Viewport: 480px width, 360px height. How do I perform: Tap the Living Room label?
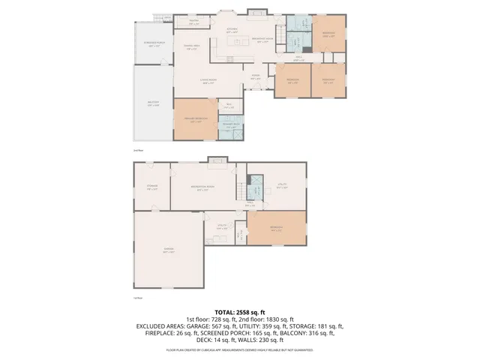[208, 81]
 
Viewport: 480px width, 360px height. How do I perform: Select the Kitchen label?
[232, 31]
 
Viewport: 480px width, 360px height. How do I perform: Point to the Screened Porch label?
[154, 43]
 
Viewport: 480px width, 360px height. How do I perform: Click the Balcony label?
[153, 104]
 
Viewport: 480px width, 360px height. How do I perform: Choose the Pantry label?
[193, 22]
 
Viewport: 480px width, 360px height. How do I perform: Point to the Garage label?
[169, 250]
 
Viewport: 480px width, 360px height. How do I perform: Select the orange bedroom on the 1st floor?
[277, 229]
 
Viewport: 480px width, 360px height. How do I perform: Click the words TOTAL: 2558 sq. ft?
[240, 311]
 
